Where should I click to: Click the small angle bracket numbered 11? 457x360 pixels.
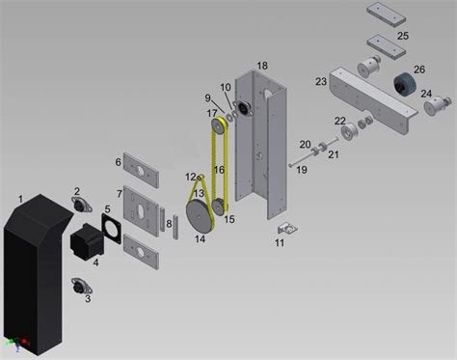pyautogui.click(x=285, y=229)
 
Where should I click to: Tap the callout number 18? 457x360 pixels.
pyautogui.click(x=261, y=65)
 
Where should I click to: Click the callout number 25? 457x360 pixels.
pyautogui.click(x=402, y=36)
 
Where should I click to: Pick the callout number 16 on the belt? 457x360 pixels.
pyautogui.click(x=219, y=170)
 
